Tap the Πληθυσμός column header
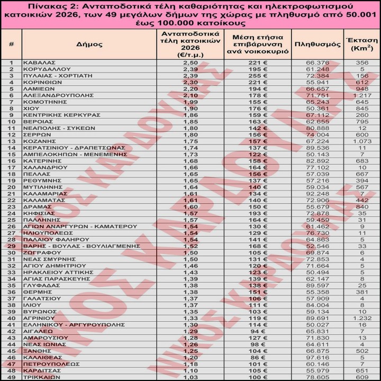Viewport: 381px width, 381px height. pyautogui.click(x=317, y=44)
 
